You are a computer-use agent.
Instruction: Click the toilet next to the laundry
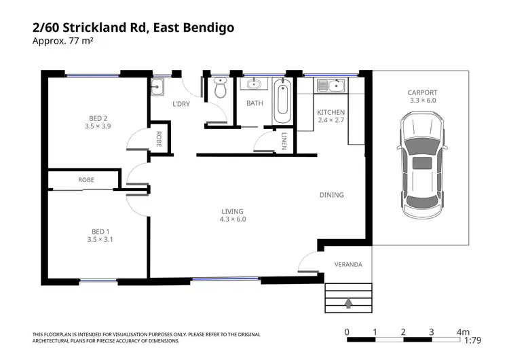(x=221, y=88)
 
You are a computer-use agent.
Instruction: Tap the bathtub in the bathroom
(x=282, y=101)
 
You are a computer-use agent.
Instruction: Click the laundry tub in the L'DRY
(x=157, y=87)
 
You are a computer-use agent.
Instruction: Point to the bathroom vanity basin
(x=254, y=84)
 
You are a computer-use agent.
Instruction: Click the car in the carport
(x=422, y=166)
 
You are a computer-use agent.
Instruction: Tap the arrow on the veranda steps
(x=348, y=303)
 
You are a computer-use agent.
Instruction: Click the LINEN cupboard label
(x=284, y=141)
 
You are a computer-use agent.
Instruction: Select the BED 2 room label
(x=98, y=118)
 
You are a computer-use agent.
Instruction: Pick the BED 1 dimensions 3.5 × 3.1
(x=100, y=240)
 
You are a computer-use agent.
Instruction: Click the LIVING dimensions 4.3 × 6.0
(x=233, y=219)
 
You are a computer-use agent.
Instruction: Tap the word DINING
(x=331, y=195)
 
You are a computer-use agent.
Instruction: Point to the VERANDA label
(x=348, y=264)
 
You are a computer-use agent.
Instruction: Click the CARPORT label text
(x=422, y=92)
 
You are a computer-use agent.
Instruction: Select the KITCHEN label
(x=331, y=112)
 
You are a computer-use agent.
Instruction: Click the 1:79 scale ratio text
(x=472, y=340)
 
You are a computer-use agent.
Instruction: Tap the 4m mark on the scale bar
(x=463, y=332)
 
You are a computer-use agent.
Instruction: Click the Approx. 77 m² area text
(x=63, y=41)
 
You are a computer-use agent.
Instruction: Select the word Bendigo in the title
(x=209, y=28)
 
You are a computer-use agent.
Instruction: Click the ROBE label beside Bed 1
(x=86, y=180)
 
